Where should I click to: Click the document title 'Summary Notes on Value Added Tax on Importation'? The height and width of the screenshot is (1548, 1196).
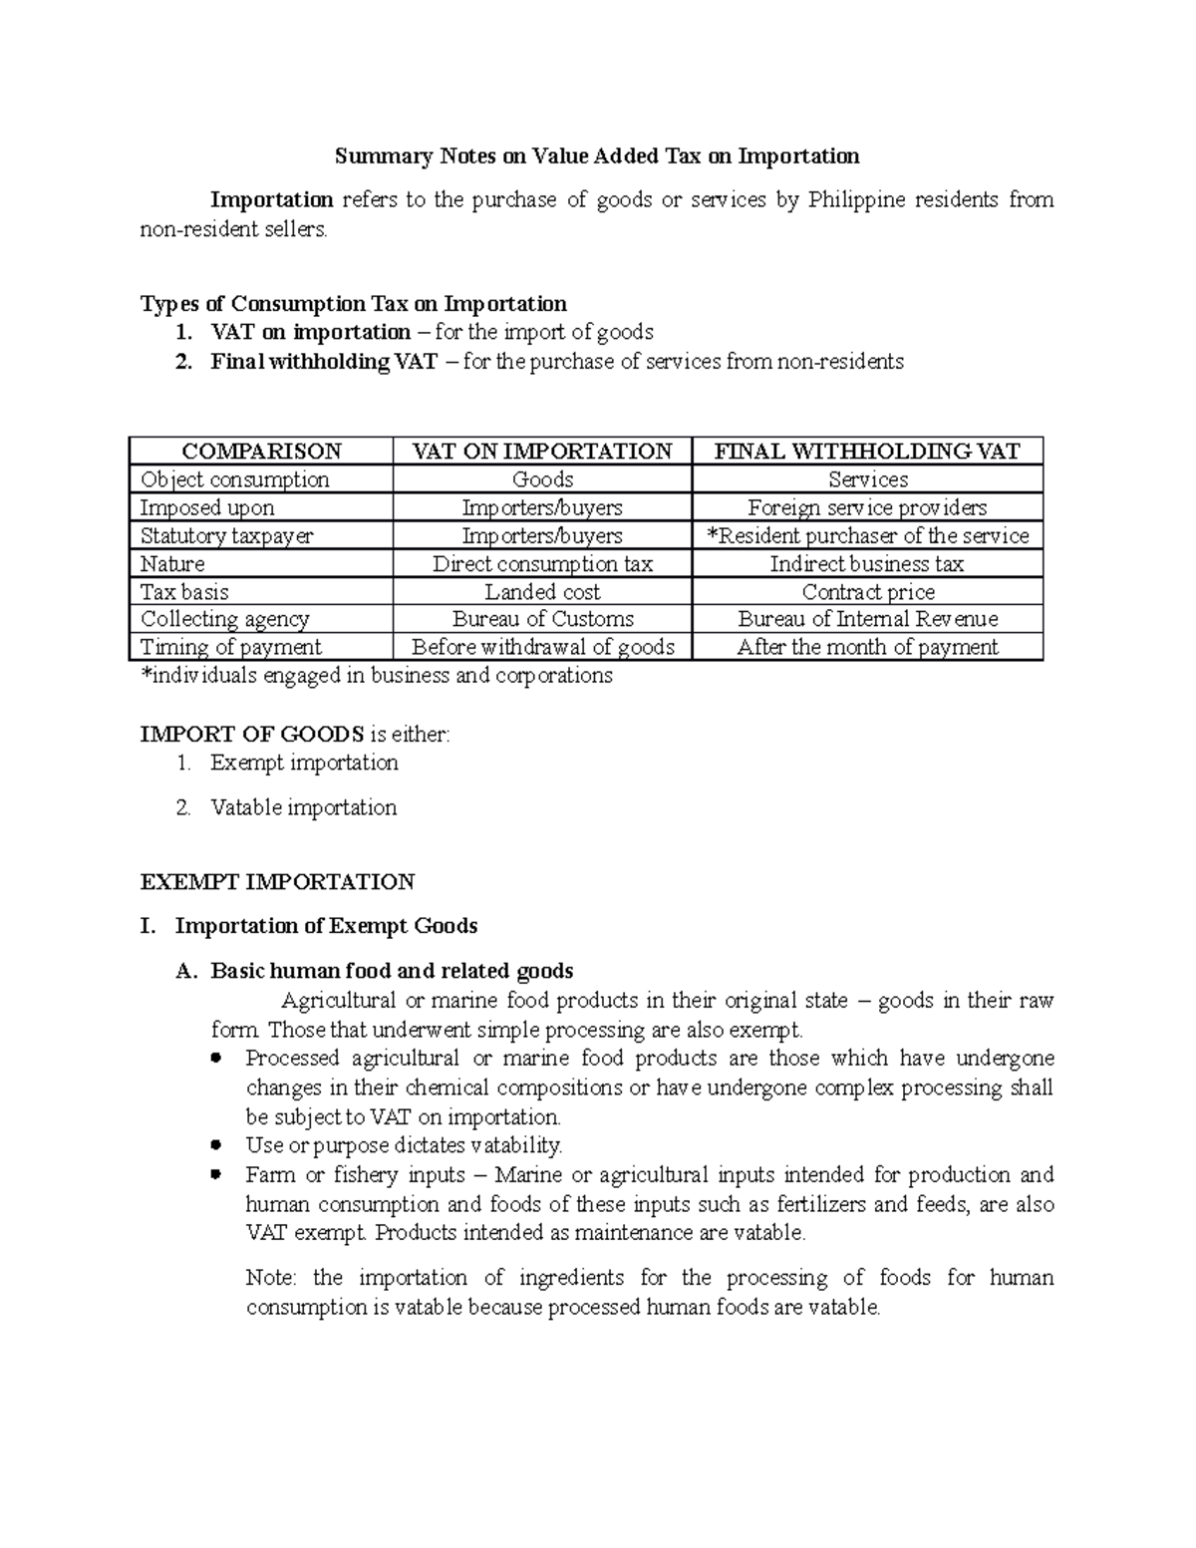pyautogui.click(x=596, y=156)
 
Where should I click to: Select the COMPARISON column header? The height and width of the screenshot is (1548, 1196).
pyautogui.click(x=261, y=452)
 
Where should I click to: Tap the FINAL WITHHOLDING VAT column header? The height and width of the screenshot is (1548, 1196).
pyautogui.click(x=867, y=452)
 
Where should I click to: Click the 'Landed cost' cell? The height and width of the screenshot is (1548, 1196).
pyautogui.click(x=542, y=591)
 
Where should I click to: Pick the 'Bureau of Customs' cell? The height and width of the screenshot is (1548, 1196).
pyautogui.click(x=542, y=619)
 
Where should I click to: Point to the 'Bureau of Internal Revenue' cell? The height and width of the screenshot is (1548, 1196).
pyautogui.click(x=867, y=619)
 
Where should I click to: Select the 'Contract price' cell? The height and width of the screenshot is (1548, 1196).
pyautogui.click(x=867, y=591)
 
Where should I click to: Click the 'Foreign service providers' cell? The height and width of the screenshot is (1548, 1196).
pyautogui.click(x=867, y=507)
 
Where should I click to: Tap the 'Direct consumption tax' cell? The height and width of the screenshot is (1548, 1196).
pyautogui.click(x=542, y=563)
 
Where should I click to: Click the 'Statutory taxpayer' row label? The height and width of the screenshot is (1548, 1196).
pyautogui.click(x=227, y=535)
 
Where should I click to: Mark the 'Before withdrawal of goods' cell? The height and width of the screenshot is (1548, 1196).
pyautogui.click(x=542, y=647)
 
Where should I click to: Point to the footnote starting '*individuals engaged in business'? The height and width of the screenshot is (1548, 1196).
pyautogui.click(x=377, y=675)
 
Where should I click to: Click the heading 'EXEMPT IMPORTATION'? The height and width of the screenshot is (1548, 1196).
pyautogui.click(x=277, y=882)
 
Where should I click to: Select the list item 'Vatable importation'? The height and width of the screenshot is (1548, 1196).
pyautogui.click(x=303, y=807)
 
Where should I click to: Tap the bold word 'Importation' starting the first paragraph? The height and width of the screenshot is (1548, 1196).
pyautogui.click(x=271, y=200)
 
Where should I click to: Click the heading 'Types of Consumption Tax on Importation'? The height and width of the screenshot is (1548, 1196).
pyautogui.click(x=354, y=303)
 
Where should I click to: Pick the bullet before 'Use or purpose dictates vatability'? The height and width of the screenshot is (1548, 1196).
pyautogui.click(x=216, y=1145)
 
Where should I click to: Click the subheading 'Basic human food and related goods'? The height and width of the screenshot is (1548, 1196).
pyautogui.click(x=392, y=971)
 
